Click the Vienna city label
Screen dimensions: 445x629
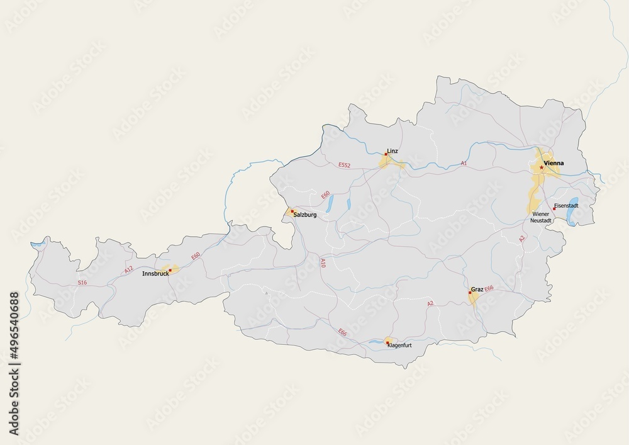point(554,164)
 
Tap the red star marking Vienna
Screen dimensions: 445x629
point(542,167)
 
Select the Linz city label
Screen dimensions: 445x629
point(392,151)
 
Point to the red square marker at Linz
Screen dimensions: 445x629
point(386,154)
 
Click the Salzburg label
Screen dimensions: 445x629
point(305,215)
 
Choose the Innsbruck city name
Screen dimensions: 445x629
point(155,274)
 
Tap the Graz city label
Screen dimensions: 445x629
point(477,290)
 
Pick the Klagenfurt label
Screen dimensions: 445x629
point(399,346)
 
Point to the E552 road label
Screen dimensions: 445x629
point(343,165)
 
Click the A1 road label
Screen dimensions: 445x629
point(464,163)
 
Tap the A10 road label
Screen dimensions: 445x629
point(323,262)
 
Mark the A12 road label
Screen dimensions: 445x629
point(129,270)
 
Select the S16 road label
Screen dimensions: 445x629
point(82,283)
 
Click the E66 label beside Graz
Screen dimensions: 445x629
point(489,288)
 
